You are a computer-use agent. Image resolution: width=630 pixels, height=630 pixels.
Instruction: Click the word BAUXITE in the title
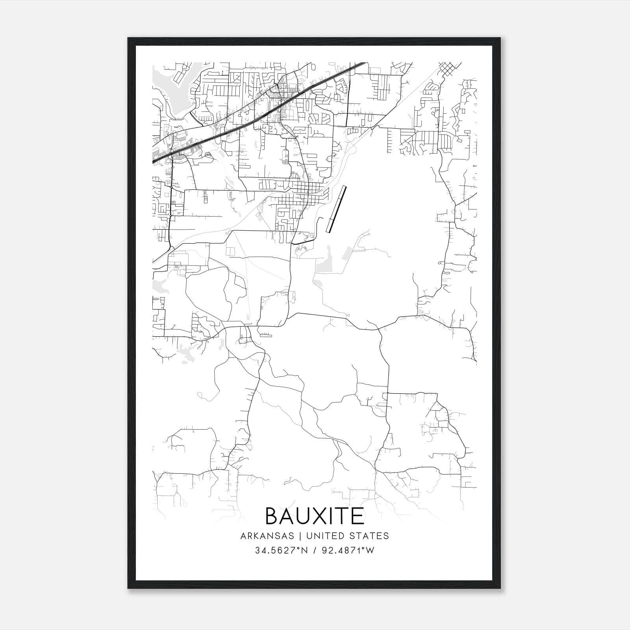(x=315, y=516)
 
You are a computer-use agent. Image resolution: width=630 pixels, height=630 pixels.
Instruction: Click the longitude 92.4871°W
(x=346, y=550)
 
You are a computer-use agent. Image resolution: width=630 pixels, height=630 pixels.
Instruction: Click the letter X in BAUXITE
(x=319, y=516)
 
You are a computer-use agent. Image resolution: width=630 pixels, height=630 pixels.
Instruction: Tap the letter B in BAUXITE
(x=273, y=516)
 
